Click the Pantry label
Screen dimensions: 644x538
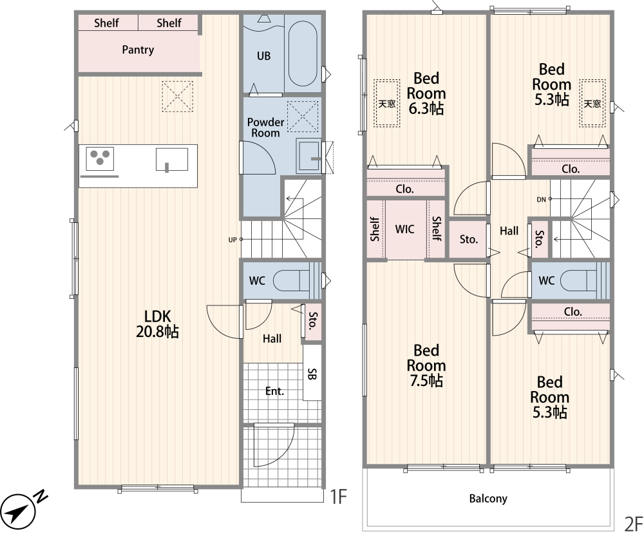click(x=138, y=50)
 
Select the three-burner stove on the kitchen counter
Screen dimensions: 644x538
click(x=100, y=159)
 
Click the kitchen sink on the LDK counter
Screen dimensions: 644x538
click(x=172, y=160)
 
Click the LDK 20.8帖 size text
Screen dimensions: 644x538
click(x=157, y=331)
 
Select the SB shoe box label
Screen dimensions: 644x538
click(x=312, y=374)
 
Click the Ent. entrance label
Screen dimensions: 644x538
click(x=274, y=391)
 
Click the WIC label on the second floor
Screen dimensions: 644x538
click(x=404, y=229)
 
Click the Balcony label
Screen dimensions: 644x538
click(x=488, y=499)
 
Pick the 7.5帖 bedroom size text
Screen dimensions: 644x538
click(x=426, y=381)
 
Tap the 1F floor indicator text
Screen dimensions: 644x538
click(x=339, y=497)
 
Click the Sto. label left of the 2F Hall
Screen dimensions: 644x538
click(x=469, y=239)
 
